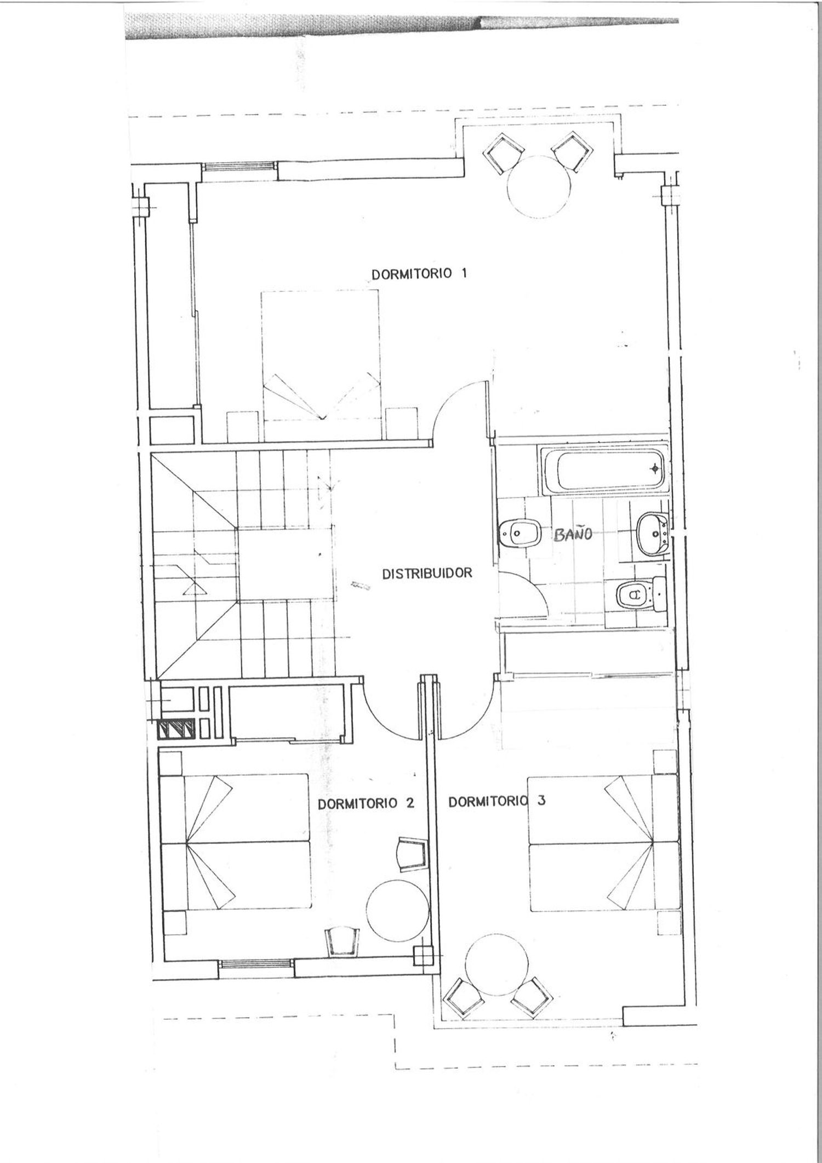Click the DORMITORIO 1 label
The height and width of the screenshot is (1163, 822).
[420, 273]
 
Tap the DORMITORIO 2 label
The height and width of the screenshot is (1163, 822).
[366, 804]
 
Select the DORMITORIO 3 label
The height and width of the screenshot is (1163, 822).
[497, 801]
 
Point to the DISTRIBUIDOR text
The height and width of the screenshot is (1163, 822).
[427, 574]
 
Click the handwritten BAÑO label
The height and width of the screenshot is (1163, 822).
[573, 534]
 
